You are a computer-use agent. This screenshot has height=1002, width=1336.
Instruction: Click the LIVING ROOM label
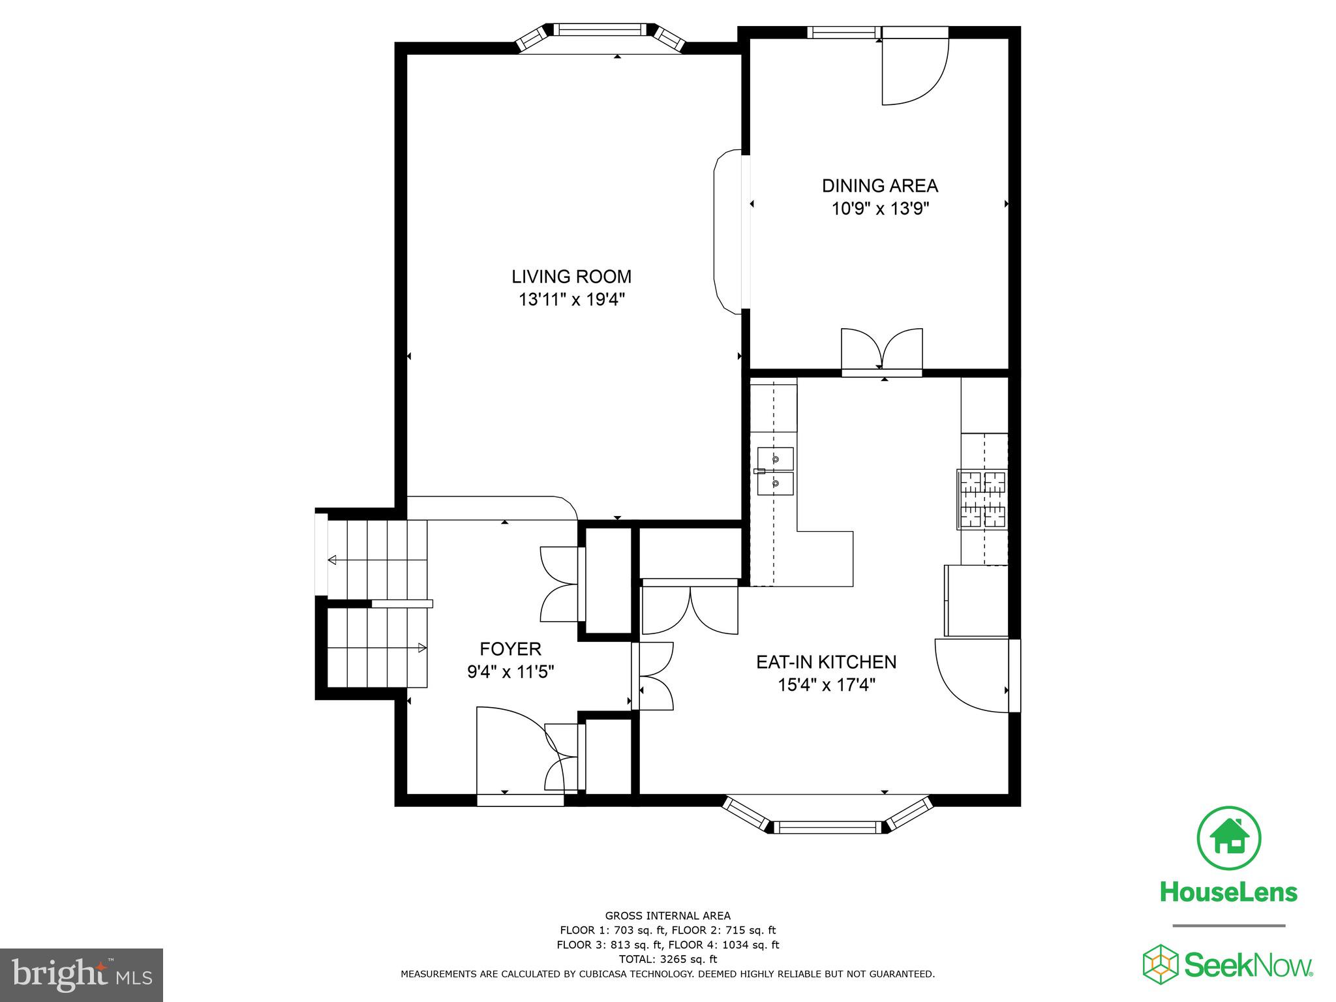tap(571, 277)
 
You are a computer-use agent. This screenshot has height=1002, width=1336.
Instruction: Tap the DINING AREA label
tap(879, 186)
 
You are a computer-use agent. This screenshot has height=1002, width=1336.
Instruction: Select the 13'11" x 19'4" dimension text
tap(571, 300)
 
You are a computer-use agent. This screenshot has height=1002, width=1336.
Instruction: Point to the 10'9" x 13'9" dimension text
tap(879, 209)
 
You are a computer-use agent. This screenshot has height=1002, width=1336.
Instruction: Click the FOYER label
tap(510, 649)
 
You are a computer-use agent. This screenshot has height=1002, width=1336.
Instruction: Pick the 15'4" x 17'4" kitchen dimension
tap(826, 685)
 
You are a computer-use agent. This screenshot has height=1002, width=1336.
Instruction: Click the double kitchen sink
tap(775, 471)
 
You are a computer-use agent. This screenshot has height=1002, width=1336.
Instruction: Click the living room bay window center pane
tap(599, 30)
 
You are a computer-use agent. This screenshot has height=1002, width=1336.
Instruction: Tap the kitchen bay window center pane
tap(827, 827)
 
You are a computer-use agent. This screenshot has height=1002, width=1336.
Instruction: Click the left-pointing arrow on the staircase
tap(333, 560)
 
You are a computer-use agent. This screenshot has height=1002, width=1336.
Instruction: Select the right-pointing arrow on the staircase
tap(421, 648)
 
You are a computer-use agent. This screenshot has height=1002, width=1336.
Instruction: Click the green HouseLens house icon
tap(1229, 838)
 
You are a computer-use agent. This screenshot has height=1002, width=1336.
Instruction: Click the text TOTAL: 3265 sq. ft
tap(667, 959)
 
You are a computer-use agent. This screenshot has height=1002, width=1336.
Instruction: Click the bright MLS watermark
tap(82, 975)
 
